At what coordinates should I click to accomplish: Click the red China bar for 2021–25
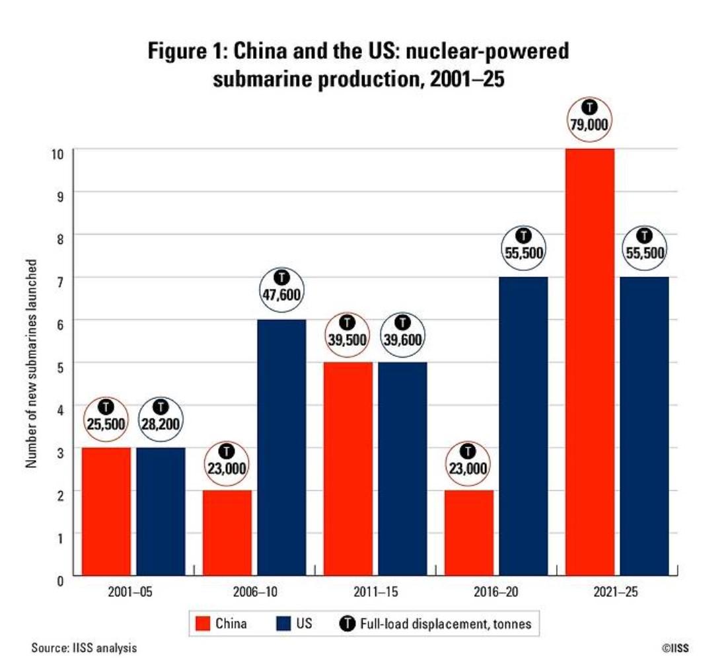point(589,362)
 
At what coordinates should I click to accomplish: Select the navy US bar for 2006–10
point(281,447)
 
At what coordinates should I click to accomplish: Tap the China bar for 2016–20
point(468,533)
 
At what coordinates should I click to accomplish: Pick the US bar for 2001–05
point(161,512)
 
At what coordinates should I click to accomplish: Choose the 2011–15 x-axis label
point(375,592)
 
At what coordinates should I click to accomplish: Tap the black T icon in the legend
point(347,623)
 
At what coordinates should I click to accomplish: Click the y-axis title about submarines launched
point(30,364)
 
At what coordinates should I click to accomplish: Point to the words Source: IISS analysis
point(84,648)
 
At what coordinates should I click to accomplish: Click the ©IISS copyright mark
point(674,648)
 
